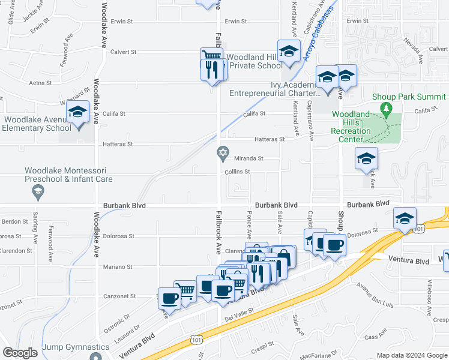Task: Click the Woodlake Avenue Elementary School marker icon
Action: pos(77,112)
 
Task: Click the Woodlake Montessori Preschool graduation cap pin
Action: pos(37,192)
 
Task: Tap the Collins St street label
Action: pos(237,172)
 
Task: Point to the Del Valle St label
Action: pos(240,315)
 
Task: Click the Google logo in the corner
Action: pos(20,353)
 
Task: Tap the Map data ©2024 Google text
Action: pos(411,355)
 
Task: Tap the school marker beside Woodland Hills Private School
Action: pos(289,52)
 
